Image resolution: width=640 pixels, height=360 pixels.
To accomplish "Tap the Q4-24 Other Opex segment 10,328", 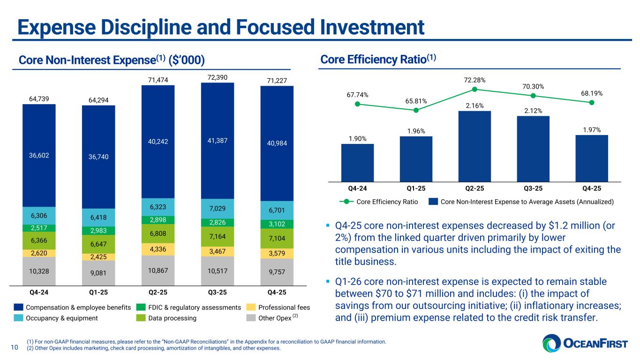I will [x=39, y=271].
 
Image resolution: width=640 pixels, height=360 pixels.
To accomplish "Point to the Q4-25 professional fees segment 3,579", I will [x=277, y=254].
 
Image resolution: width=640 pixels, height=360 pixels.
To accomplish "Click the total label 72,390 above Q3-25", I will [x=217, y=76].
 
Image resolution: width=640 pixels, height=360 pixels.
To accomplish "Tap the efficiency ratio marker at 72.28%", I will [x=474, y=89].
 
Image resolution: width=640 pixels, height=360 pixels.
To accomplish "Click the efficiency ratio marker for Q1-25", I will [x=416, y=110].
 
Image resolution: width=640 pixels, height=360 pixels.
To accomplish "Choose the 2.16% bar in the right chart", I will [x=474, y=146].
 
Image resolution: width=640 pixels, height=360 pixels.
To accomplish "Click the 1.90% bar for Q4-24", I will [x=357, y=162].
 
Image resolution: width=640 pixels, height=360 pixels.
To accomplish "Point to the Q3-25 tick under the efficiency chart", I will [x=533, y=188].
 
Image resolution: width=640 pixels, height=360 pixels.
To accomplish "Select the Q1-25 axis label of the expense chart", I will [x=98, y=292].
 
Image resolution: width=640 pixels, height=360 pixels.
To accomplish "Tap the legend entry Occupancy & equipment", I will [x=61, y=318].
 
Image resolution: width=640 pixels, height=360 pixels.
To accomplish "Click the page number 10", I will [x=14, y=347].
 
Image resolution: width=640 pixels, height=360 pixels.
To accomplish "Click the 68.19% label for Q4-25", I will [x=592, y=93].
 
